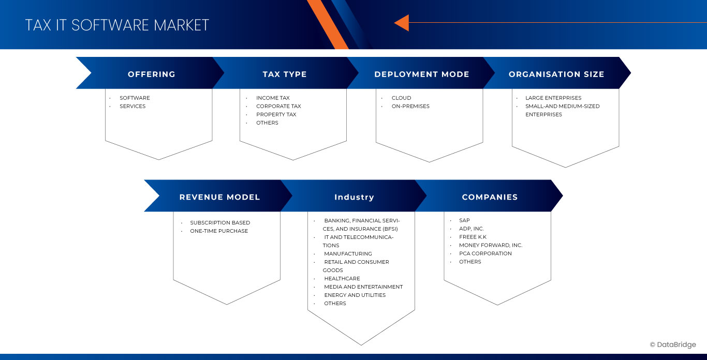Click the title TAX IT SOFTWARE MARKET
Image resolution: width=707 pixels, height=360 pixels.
(x=117, y=25)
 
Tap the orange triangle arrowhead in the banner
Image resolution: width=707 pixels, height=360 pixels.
(x=402, y=23)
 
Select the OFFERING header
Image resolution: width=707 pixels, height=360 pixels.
(x=152, y=74)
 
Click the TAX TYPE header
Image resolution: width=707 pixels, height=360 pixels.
(x=285, y=74)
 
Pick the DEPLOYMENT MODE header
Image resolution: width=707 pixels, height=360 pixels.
(x=422, y=74)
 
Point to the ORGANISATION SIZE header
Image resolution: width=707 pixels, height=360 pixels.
(x=556, y=74)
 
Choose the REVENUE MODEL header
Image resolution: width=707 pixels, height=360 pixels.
(x=219, y=197)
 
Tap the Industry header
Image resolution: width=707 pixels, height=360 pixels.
(x=354, y=197)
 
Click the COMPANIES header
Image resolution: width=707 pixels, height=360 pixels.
(x=490, y=197)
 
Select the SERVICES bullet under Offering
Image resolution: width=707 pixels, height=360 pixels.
(x=132, y=106)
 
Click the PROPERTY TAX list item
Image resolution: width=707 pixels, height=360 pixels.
(x=276, y=114)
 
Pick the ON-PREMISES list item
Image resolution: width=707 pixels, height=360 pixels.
(x=410, y=106)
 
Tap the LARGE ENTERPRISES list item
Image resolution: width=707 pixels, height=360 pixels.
(x=553, y=98)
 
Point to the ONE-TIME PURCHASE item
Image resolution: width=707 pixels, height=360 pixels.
(x=219, y=231)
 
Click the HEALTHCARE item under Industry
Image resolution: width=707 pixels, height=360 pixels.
(x=342, y=278)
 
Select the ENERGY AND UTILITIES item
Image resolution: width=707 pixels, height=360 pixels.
(x=355, y=295)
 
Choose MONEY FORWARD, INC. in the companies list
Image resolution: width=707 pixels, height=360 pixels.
(x=491, y=245)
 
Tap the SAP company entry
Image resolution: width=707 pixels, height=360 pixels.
(x=464, y=220)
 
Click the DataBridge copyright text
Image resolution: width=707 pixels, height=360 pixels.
(x=673, y=345)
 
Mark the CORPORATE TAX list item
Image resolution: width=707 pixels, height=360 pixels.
(x=278, y=106)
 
